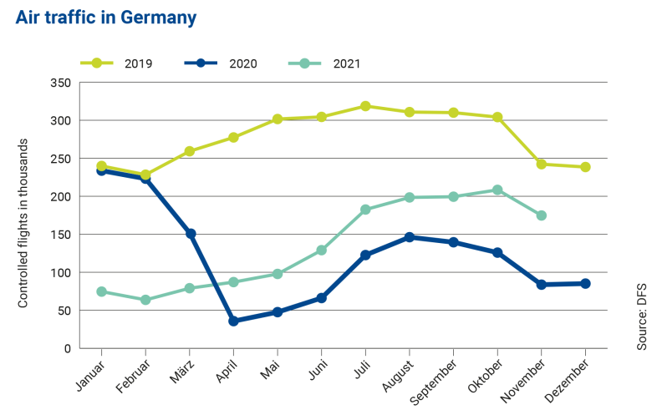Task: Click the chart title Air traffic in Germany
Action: point(106,18)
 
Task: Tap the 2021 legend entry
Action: point(327,63)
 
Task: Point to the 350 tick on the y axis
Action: point(59,83)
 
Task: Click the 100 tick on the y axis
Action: point(59,273)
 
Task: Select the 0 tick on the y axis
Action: point(66,349)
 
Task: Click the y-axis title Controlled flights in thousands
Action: point(23,215)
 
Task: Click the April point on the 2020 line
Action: point(233,321)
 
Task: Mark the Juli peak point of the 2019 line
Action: point(365,106)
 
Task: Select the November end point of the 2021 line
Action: point(541,215)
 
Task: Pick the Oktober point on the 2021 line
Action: point(497,190)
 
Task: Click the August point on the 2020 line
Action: point(410,237)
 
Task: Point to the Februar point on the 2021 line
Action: point(145,300)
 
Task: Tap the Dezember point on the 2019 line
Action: point(585,167)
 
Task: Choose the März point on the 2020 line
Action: point(190,234)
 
